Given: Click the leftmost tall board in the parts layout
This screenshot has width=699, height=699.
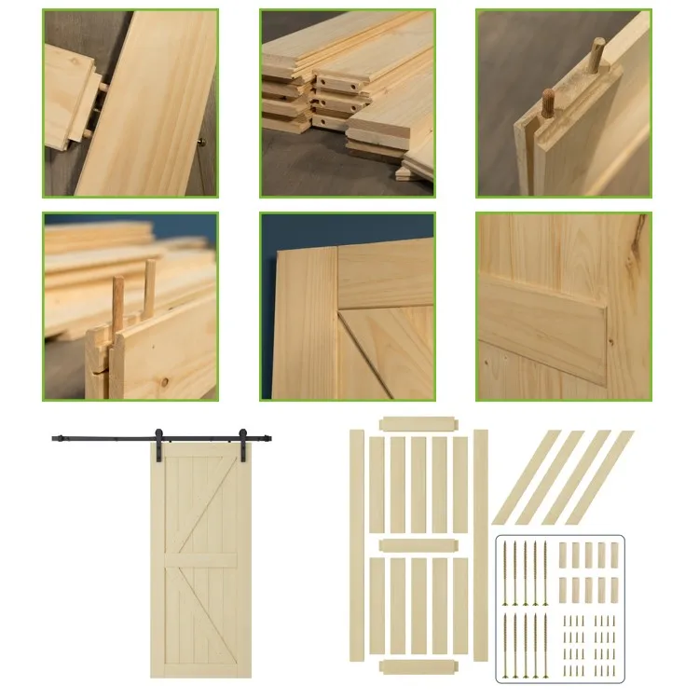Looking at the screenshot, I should click(x=357, y=545).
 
